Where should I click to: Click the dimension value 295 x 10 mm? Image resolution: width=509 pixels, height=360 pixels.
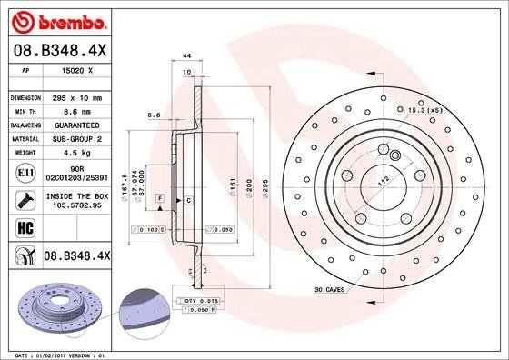point(75,96)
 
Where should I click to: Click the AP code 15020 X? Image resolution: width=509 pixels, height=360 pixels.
point(74,69)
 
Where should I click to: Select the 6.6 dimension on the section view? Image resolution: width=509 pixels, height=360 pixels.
point(154,115)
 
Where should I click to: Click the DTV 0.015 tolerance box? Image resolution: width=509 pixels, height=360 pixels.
point(202,298)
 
